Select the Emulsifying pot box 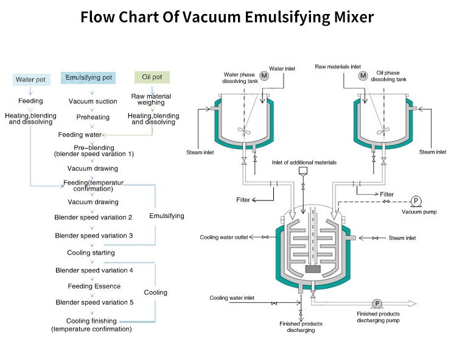89,77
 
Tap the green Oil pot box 152,77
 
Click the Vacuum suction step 93,101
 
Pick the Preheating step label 93,117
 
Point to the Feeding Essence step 94,286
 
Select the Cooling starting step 91,252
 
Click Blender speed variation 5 94,302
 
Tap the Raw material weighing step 152,99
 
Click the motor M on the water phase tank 264,76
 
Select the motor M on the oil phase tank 363,76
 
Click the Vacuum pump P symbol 416,200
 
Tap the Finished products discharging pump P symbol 377,303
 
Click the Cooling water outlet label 224,237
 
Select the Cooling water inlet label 232,298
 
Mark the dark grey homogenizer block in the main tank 313,269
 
